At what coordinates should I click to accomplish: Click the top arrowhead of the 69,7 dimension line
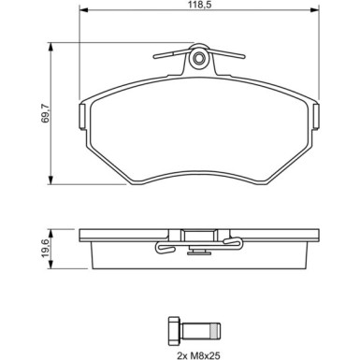tap(49, 44)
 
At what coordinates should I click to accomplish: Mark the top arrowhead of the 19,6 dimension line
tap(49, 230)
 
